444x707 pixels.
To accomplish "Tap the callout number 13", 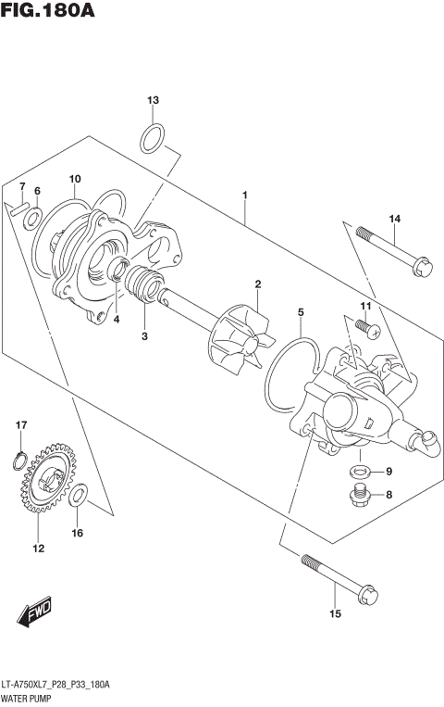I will pos(154,100).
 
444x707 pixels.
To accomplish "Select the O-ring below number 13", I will pos(154,140).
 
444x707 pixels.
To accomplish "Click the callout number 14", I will pos(394,219).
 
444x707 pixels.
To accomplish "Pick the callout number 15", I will pos(335,613).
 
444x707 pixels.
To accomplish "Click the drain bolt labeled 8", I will pos(359,496).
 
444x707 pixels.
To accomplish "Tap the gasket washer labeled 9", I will pos(359,472).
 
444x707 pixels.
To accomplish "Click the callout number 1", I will pos(244,195).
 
